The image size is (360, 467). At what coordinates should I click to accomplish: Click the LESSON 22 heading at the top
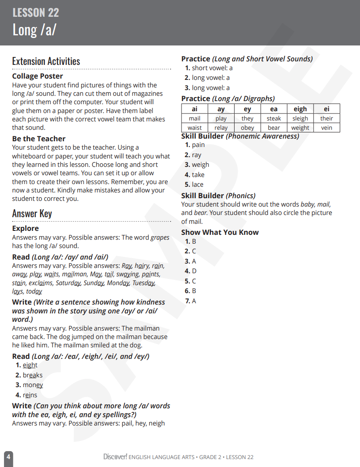[36, 13]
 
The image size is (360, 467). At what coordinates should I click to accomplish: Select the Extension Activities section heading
[46, 61]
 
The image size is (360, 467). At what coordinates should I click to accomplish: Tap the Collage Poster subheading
[38, 76]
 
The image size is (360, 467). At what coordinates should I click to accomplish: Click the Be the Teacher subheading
[39, 139]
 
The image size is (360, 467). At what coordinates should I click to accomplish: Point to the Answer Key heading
[32, 214]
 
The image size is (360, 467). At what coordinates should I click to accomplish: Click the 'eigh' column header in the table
[300, 109]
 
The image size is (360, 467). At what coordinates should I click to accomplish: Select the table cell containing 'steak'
[274, 118]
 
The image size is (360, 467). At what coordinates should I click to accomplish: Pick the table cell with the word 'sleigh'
[300, 118]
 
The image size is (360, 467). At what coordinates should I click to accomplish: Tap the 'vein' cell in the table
[327, 128]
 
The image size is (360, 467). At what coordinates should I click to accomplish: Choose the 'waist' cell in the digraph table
[194, 128]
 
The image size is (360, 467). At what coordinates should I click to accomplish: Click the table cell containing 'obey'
[247, 128]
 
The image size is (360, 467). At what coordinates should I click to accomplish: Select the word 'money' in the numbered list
[33, 385]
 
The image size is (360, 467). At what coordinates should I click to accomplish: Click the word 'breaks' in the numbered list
[33, 375]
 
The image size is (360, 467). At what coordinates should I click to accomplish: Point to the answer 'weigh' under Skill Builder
[201, 165]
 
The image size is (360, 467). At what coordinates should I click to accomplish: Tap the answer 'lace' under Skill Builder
[197, 185]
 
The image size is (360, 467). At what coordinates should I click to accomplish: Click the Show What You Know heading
[220, 232]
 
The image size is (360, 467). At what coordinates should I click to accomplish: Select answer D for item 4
[194, 271]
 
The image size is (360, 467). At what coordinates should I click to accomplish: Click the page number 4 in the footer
[8, 457]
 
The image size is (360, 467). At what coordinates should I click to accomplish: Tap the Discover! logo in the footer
[115, 457]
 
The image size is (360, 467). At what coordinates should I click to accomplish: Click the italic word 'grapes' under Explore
[160, 237]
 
